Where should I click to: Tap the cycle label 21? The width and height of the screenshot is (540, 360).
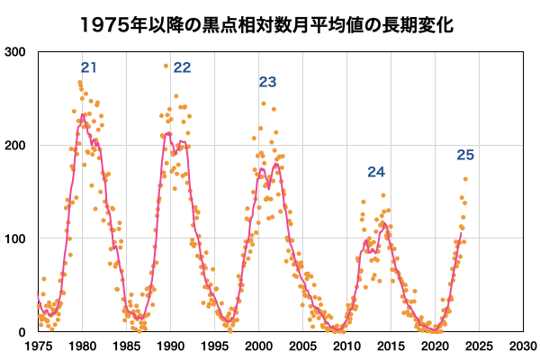point(88,67)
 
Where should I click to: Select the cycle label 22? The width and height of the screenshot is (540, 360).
point(182,67)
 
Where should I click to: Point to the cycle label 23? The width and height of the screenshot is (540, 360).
point(267,82)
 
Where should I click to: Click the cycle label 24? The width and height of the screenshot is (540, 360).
point(376,172)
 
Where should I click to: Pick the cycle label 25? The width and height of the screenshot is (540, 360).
point(465,155)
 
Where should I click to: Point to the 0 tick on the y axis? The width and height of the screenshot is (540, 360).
point(21,332)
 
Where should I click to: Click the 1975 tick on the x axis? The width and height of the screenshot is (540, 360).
point(38,346)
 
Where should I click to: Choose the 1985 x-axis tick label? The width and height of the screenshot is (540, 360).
point(126,346)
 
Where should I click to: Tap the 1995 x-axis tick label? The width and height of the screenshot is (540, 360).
point(214,346)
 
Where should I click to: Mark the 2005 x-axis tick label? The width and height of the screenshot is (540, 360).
point(302,346)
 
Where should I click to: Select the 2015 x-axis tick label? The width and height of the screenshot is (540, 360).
point(391,346)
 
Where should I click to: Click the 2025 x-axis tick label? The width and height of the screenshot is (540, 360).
point(478,346)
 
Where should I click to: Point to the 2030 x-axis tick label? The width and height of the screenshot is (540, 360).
point(522,346)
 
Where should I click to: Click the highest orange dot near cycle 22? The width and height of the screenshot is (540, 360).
point(166,66)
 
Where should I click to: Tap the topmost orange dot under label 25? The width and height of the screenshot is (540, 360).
point(465,178)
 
